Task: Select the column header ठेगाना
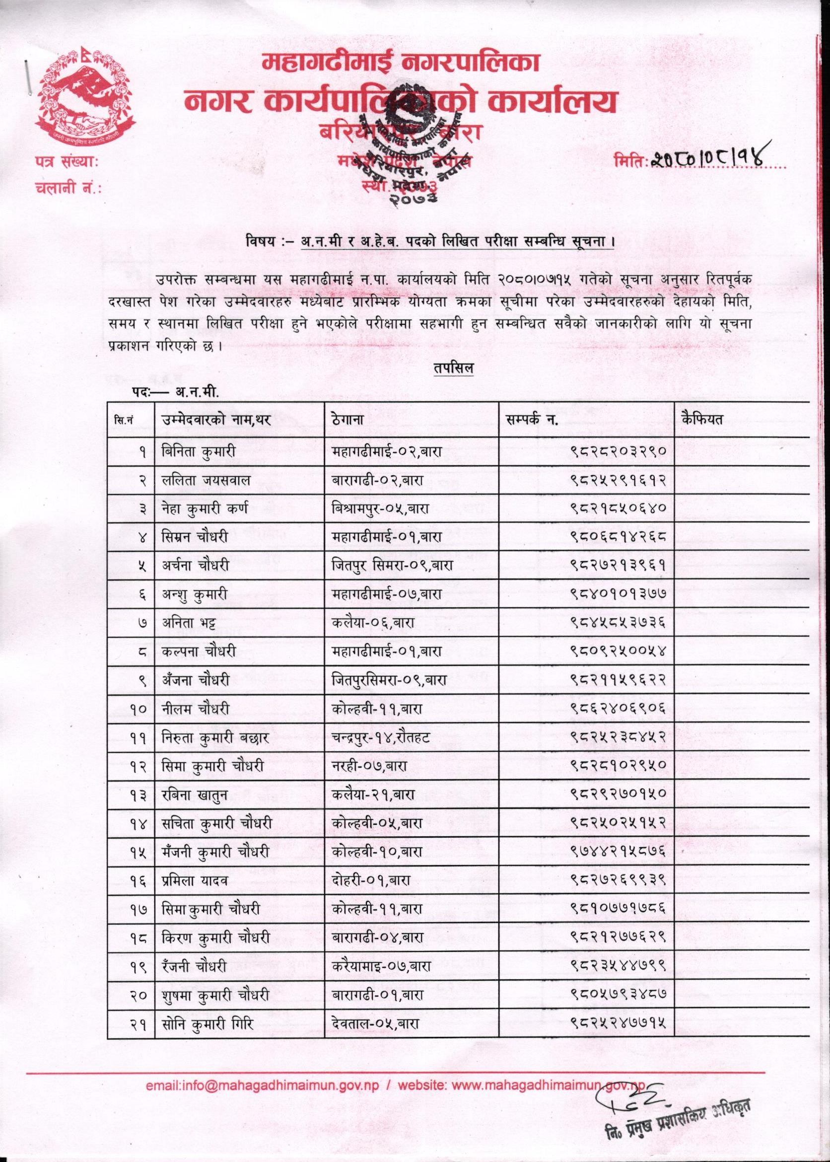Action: click(347, 420)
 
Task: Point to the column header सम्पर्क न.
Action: click(532, 420)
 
